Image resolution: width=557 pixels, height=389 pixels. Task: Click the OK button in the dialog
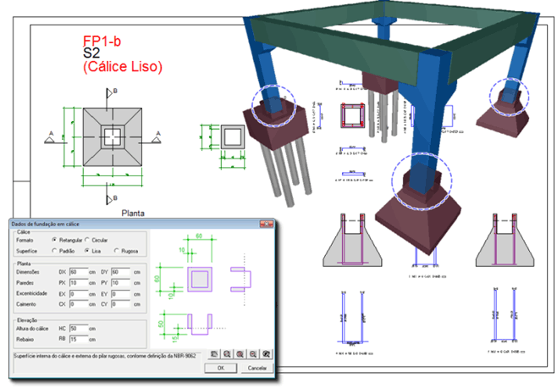(x=219, y=368)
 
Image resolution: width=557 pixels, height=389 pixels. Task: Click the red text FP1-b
(x=102, y=40)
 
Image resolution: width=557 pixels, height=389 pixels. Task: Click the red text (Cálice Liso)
(x=122, y=66)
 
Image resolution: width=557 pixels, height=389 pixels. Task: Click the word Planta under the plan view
(x=135, y=214)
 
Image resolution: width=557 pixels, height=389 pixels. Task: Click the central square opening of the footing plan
(x=110, y=136)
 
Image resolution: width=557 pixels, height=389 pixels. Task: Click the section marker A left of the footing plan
(x=51, y=133)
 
